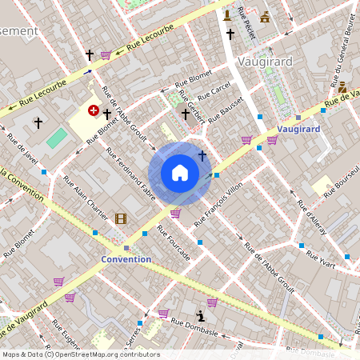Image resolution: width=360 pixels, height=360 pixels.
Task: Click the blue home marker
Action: pyautogui.click(x=180, y=172)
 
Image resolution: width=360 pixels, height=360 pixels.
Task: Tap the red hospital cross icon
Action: pyautogui.click(x=93, y=110)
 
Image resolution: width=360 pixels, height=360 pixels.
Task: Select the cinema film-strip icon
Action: pyautogui.click(x=120, y=218)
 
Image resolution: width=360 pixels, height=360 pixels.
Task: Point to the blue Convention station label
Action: pyautogui.click(x=126, y=259)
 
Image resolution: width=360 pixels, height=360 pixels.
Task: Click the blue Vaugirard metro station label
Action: pyautogui.click(x=299, y=129)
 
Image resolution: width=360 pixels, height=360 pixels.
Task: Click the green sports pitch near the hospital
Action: pyautogui.click(x=57, y=138)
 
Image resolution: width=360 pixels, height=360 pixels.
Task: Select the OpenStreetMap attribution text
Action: pyautogui.click(x=81, y=354)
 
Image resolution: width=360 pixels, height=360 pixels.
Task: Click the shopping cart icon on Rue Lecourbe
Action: pyautogui.click(x=105, y=55)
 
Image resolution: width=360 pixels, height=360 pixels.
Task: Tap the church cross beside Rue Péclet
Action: pyautogui.click(x=230, y=34)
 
